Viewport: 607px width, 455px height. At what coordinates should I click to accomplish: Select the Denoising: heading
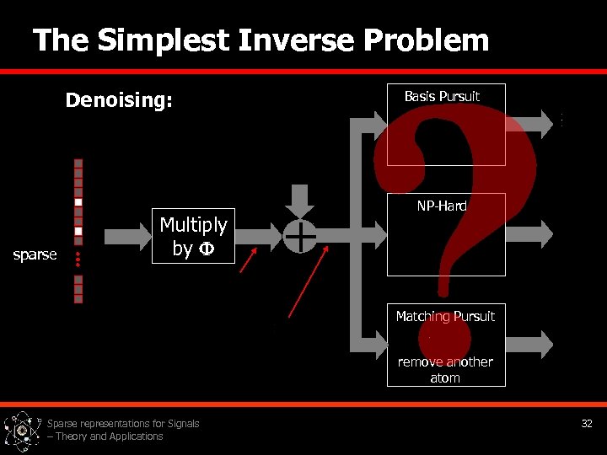coord(119,101)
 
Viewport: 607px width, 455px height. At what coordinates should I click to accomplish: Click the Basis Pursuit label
coord(442,96)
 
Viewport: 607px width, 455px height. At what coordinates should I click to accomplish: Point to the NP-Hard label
coord(442,206)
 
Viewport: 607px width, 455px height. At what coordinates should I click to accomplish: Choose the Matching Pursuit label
coord(445,316)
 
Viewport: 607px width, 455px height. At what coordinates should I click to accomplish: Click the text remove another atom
coord(445,370)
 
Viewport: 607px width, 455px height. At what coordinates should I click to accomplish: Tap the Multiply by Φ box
coord(193,236)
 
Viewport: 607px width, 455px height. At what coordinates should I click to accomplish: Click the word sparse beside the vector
coord(35,254)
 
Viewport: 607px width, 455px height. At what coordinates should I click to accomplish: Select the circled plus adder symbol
coord(300,237)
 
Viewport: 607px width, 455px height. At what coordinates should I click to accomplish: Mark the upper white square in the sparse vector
coord(78,202)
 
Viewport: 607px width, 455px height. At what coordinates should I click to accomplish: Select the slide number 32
coord(587,423)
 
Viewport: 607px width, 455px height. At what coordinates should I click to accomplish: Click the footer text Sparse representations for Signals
coord(123,424)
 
